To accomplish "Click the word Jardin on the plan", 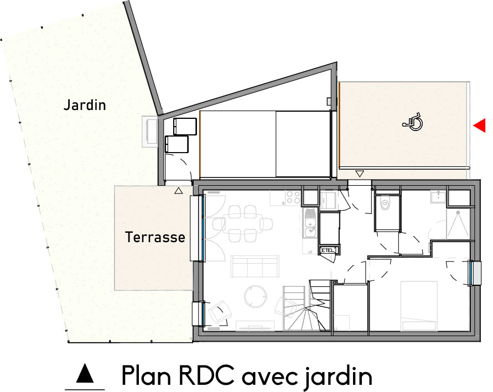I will [x=84, y=105].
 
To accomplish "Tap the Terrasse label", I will [x=155, y=238].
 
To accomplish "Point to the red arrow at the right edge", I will [x=480, y=126].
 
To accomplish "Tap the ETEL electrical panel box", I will [x=328, y=250].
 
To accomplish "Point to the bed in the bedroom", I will [x=418, y=304].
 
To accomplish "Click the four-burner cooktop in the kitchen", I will [x=292, y=197].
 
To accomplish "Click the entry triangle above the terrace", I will [x=178, y=191].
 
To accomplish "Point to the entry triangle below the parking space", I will [x=360, y=174].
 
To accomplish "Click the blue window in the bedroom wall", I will [x=473, y=273].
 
